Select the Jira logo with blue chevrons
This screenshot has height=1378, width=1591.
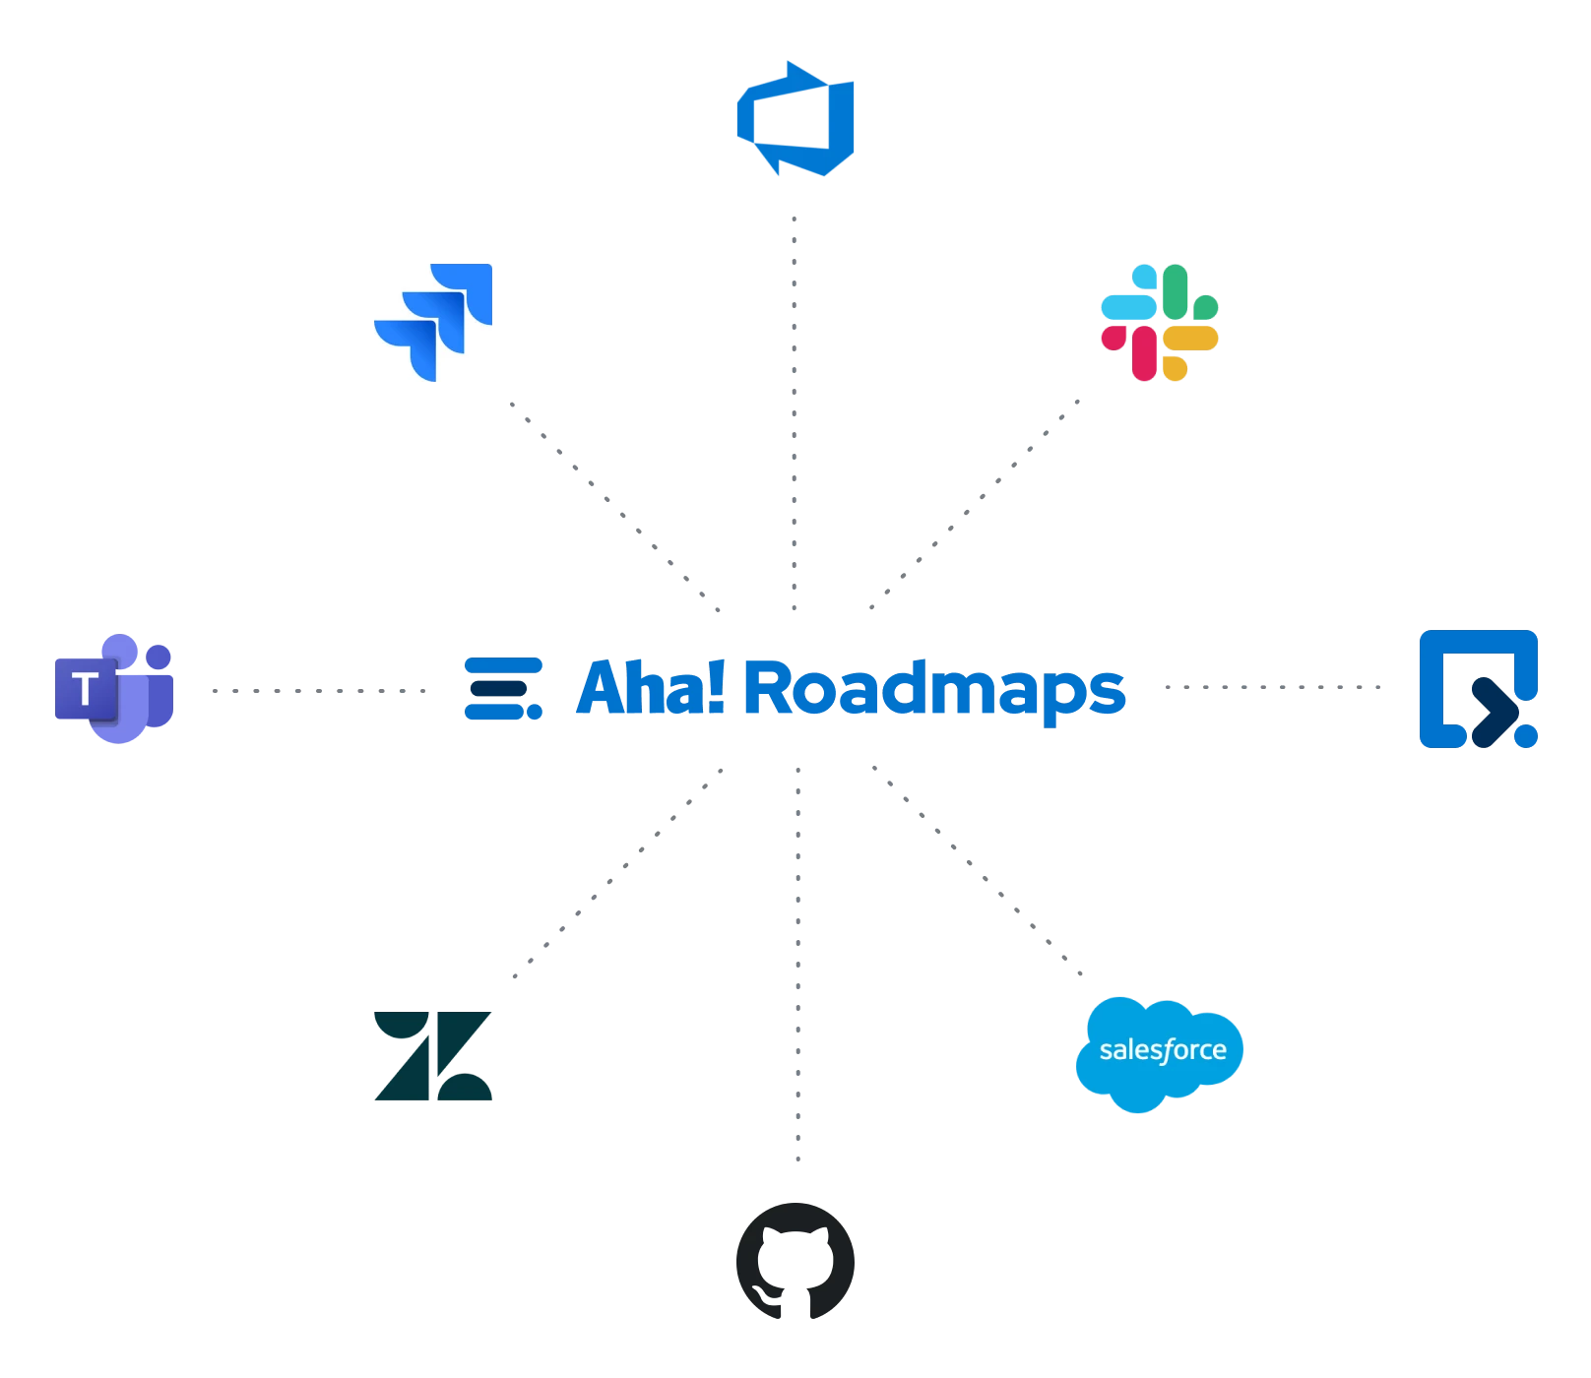(x=433, y=323)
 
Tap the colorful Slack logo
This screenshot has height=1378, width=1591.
(x=1159, y=323)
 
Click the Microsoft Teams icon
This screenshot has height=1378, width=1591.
(x=114, y=688)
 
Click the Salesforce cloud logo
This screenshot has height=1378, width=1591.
(x=1158, y=1051)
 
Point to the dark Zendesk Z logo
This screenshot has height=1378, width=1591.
(x=433, y=1055)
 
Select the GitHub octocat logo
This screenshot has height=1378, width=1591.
(x=795, y=1259)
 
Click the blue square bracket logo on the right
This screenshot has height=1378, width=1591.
(x=1480, y=689)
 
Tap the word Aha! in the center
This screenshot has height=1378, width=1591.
(x=650, y=688)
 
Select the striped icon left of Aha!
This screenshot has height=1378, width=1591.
(x=503, y=688)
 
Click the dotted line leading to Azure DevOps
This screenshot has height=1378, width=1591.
(x=795, y=413)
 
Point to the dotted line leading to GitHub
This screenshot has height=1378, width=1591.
(x=798, y=965)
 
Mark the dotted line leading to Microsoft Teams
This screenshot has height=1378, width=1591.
(x=317, y=689)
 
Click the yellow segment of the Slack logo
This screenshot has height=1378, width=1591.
(x=1189, y=341)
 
